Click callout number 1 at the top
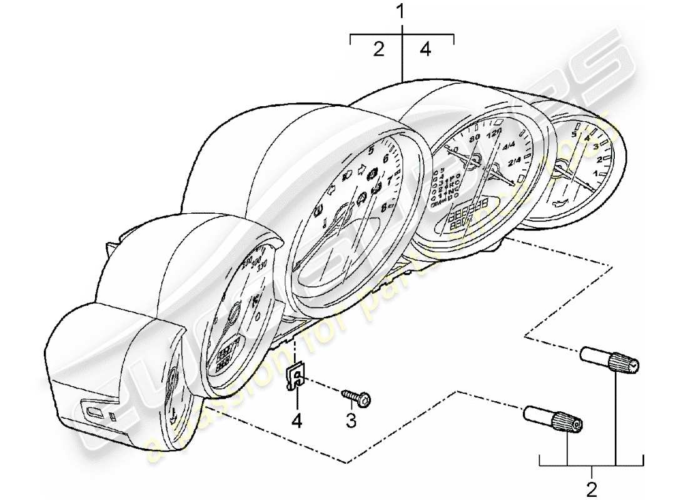pos(402,11)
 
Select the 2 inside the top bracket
pos(378,49)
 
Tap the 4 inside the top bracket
pos(425,49)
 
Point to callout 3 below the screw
pos(351,422)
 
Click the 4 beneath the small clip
pos(297,422)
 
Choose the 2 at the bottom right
pos(592,487)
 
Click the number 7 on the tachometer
pos(389,181)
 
